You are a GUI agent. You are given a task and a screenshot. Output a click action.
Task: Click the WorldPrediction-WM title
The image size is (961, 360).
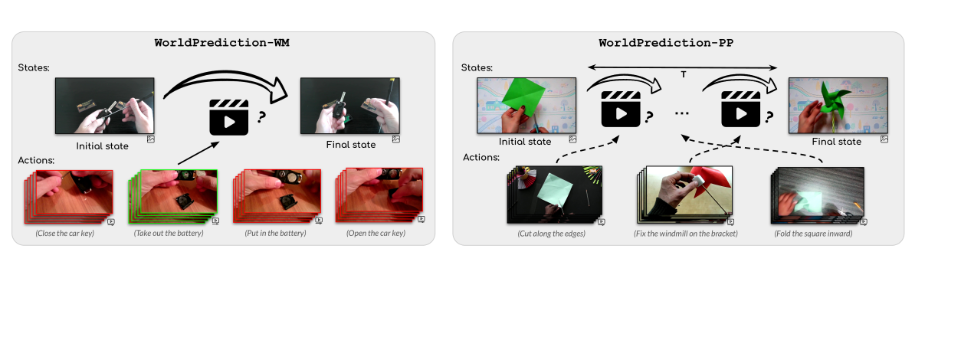[221, 43]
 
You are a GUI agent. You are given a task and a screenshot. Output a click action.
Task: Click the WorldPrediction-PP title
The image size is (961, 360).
[666, 43]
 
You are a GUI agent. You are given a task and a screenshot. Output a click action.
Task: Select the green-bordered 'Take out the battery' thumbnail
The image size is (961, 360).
[173, 196]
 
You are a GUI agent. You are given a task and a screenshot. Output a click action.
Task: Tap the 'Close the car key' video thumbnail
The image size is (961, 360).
[69, 196]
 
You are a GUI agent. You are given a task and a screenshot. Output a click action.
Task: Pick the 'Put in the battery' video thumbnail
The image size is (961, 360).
[277, 196]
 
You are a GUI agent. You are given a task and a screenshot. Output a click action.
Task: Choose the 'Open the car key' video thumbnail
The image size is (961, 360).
[379, 195]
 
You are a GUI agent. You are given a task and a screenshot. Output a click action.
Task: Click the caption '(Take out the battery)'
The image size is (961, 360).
[169, 233]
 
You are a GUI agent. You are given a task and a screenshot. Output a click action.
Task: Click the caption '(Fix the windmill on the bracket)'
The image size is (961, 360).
[686, 234]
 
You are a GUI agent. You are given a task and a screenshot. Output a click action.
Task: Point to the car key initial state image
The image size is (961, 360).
[105, 106]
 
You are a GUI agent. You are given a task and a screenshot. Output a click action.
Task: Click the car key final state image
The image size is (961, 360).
[350, 106]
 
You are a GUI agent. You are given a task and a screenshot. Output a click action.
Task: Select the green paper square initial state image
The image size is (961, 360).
[526, 106]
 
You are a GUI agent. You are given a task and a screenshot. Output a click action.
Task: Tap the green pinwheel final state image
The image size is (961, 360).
[838, 106]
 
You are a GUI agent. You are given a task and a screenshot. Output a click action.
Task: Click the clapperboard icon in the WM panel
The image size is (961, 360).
[228, 117]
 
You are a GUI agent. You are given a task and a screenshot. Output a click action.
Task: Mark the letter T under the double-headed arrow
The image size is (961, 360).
[684, 74]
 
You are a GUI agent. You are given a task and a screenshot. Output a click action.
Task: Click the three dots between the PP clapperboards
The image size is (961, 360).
[682, 113]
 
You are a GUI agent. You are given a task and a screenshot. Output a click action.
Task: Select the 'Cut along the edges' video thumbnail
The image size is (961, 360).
[554, 195]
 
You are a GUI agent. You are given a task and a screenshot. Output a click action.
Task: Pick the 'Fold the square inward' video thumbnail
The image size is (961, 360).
[817, 195]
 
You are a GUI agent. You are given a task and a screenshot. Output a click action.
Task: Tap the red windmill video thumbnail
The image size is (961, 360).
[684, 195]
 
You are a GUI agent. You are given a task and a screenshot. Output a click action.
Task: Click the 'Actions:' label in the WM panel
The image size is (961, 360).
[36, 160]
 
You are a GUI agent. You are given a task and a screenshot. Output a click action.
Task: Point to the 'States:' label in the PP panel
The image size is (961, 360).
[477, 67]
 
